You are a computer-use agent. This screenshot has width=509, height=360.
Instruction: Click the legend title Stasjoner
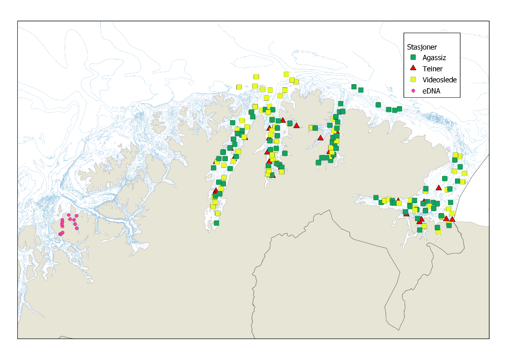(x=422, y=47)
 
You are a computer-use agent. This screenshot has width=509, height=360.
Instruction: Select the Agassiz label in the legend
(x=434, y=58)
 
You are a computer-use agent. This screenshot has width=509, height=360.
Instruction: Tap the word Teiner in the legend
(x=433, y=69)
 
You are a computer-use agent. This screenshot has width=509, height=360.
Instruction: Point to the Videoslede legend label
(x=440, y=80)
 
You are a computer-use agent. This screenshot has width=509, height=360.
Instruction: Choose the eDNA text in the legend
(x=431, y=91)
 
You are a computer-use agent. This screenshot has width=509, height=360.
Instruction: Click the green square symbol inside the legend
(x=413, y=57)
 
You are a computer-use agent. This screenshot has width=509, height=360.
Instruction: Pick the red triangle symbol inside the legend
(x=413, y=68)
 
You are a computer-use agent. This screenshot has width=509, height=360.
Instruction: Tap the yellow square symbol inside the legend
(x=413, y=79)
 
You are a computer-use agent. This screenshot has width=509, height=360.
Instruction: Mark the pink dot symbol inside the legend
(x=413, y=90)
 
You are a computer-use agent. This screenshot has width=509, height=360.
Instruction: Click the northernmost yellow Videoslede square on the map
(x=286, y=74)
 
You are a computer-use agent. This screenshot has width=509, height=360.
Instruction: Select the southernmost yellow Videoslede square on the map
(x=438, y=232)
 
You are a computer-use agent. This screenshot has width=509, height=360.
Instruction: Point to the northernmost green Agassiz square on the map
(x=354, y=87)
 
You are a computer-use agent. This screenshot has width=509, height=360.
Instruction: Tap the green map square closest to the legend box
(x=399, y=109)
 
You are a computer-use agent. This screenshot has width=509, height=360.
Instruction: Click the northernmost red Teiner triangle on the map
(x=283, y=120)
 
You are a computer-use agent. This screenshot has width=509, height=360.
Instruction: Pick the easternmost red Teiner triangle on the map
(x=452, y=219)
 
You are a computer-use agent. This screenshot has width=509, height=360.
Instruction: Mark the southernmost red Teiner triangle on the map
(x=419, y=222)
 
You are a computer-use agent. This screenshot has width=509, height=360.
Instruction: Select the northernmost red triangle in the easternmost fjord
(x=438, y=188)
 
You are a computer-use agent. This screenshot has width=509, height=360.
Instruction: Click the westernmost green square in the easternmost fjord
(x=376, y=198)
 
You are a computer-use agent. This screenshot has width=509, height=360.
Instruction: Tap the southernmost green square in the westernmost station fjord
(x=216, y=223)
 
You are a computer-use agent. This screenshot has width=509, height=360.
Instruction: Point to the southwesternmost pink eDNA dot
(x=61, y=234)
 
